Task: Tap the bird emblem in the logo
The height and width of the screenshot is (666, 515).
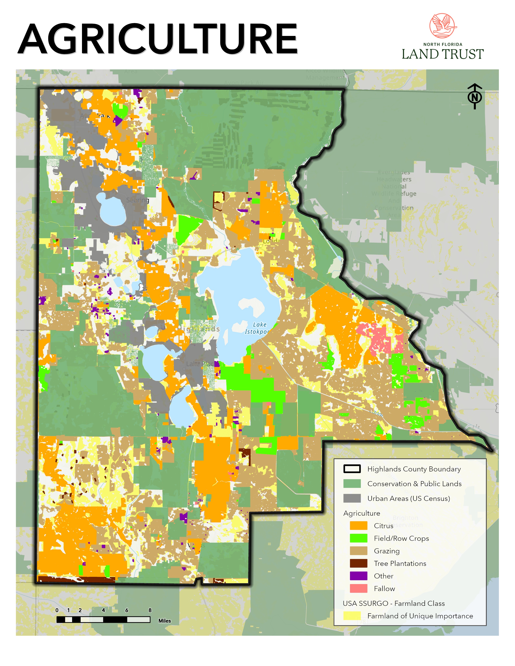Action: pos(443,26)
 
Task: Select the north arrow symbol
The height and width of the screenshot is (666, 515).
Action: pos(474,96)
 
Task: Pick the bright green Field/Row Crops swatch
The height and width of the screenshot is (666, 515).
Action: pos(358,538)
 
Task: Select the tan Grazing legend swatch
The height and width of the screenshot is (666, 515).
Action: pos(358,551)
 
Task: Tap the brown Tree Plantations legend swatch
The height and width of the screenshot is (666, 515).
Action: pos(358,563)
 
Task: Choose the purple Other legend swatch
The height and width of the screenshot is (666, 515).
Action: pos(358,576)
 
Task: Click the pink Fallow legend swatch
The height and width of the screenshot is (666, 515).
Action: pos(358,589)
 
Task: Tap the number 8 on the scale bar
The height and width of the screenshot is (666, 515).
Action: pos(150,610)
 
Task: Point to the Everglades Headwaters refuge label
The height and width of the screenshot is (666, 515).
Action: pos(394,193)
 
